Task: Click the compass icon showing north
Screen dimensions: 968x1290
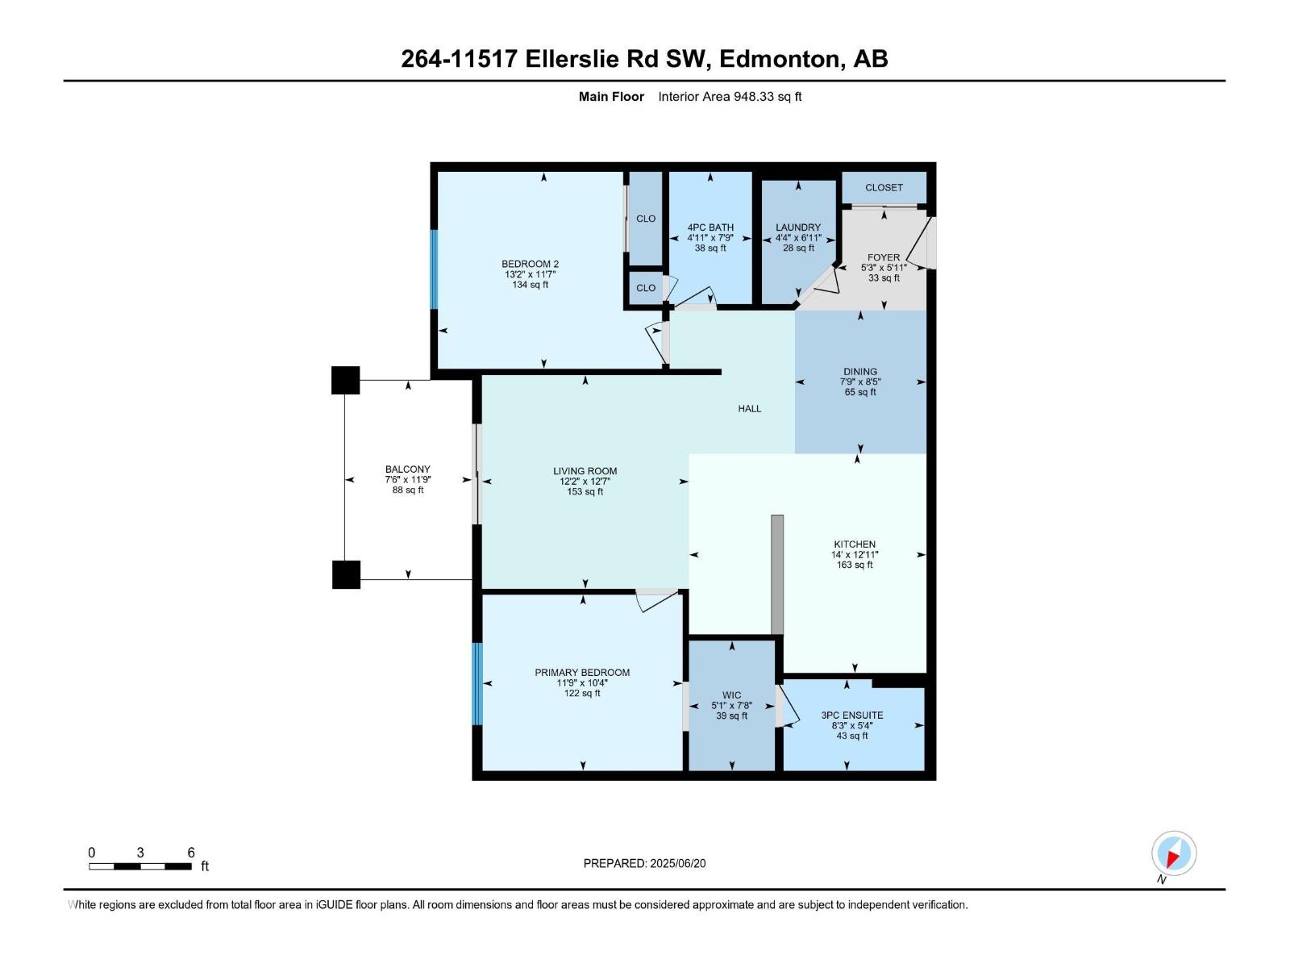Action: [1174, 853]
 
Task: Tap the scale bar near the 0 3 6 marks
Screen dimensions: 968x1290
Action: [140, 866]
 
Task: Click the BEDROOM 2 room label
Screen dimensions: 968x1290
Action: [530, 265]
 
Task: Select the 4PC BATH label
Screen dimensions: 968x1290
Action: [710, 227]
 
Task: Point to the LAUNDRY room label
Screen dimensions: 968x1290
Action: [798, 227]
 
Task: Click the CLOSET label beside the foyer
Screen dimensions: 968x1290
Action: [884, 188]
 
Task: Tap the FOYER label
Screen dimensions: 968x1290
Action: [884, 257]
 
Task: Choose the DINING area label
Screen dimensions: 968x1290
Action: [860, 372]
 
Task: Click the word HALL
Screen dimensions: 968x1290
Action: [750, 409]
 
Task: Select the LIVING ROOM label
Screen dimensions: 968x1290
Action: [585, 471]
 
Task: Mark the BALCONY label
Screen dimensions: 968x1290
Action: [408, 469]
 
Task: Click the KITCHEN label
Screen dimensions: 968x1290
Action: [855, 544]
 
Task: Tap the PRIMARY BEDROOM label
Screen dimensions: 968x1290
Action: [582, 673]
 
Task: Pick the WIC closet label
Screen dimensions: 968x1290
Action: [731, 695]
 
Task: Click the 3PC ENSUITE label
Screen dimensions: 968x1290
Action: [852, 716]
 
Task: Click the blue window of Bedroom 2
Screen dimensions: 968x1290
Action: [434, 269]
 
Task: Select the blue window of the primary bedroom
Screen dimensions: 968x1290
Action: [476, 684]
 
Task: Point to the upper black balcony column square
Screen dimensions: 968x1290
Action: [346, 380]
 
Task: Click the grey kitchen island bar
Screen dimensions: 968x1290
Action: [777, 574]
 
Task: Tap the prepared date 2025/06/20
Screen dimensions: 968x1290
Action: [644, 863]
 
